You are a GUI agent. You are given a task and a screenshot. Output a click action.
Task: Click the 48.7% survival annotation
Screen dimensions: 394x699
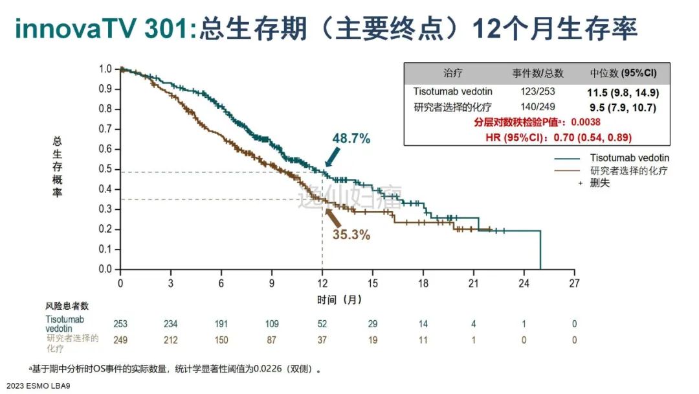pyautogui.click(x=351, y=138)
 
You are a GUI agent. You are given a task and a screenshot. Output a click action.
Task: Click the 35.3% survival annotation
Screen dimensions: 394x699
pyautogui.click(x=351, y=235)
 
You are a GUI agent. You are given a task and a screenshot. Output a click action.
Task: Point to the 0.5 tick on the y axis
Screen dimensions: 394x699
pyautogui.click(x=105, y=169)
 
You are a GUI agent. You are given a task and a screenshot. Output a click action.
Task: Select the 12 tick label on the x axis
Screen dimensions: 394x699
pyautogui.click(x=322, y=283)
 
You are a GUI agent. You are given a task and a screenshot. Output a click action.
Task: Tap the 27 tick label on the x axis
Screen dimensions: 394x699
pyautogui.click(x=574, y=283)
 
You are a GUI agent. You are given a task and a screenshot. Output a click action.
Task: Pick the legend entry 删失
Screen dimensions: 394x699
pyautogui.click(x=599, y=183)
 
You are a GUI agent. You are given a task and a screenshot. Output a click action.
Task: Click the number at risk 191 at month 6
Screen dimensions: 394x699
pyautogui.click(x=221, y=323)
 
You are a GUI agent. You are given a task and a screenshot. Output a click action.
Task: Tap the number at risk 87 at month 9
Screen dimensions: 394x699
pyautogui.click(x=272, y=340)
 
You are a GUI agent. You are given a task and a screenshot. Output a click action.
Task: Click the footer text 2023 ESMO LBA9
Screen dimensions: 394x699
pyautogui.click(x=39, y=386)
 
